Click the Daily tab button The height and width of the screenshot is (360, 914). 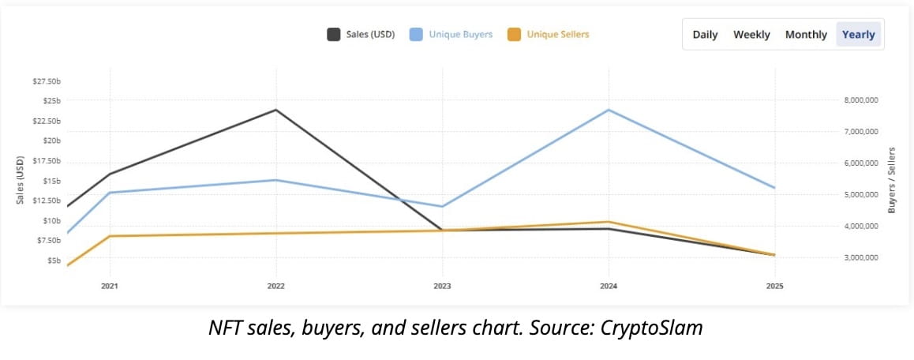[x=705, y=35]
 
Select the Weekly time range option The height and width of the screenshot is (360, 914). [x=751, y=35]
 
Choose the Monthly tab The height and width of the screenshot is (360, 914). [x=806, y=35]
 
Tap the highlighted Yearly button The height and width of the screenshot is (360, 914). [x=859, y=35]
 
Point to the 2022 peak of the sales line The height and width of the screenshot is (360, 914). [x=275, y=110]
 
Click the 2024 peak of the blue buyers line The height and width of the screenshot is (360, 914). [x=609, y=110]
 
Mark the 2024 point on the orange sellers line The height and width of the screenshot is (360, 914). [x=609, y=222]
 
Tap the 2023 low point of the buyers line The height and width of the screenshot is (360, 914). [x=442, y=207]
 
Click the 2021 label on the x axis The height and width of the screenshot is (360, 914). [x=110, y=285]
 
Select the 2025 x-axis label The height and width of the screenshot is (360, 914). [x=775, y=285]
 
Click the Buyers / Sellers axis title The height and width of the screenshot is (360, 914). [x=892, y=180]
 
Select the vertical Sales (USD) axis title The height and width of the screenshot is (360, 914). [x=21, y=180]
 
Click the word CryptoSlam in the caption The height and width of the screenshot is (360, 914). [x=654, y=327]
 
